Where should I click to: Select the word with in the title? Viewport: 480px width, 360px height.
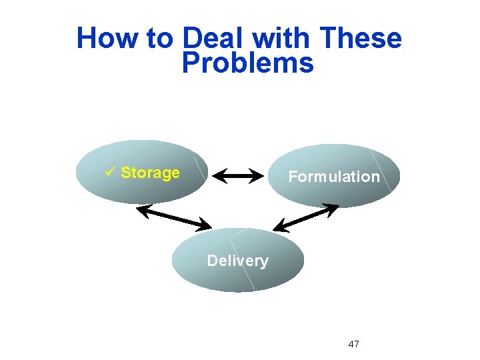pos(281,39)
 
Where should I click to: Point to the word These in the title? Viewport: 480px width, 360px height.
pos(361,39)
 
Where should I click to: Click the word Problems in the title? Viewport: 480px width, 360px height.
pos(247,64)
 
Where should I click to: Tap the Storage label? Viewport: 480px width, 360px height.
pos(150,173)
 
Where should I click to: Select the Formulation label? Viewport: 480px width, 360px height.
pos(333,177)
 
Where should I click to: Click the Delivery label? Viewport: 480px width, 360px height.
pos(237,261)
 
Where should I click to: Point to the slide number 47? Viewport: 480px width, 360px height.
pos(354,344)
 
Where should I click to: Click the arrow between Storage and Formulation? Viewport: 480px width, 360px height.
pos(240,177)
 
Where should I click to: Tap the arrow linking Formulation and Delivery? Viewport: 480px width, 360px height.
pos(306,218)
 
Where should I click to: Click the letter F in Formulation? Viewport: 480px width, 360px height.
pos(292,177)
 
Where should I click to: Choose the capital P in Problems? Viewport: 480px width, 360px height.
pos(191,64)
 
